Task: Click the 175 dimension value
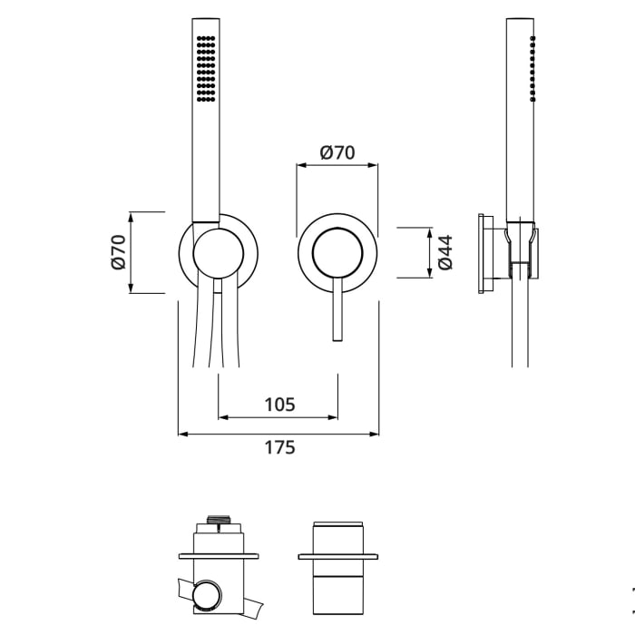(279, 447)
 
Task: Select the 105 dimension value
(279, 405)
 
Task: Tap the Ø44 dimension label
(444, 252)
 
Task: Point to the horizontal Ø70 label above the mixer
(337, 152)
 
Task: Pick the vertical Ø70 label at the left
(117, 252)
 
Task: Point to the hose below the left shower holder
(218, 336)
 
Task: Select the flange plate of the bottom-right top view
(337, 555)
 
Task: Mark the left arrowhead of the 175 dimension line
(182, 434)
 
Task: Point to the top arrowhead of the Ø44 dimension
(428, 232)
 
